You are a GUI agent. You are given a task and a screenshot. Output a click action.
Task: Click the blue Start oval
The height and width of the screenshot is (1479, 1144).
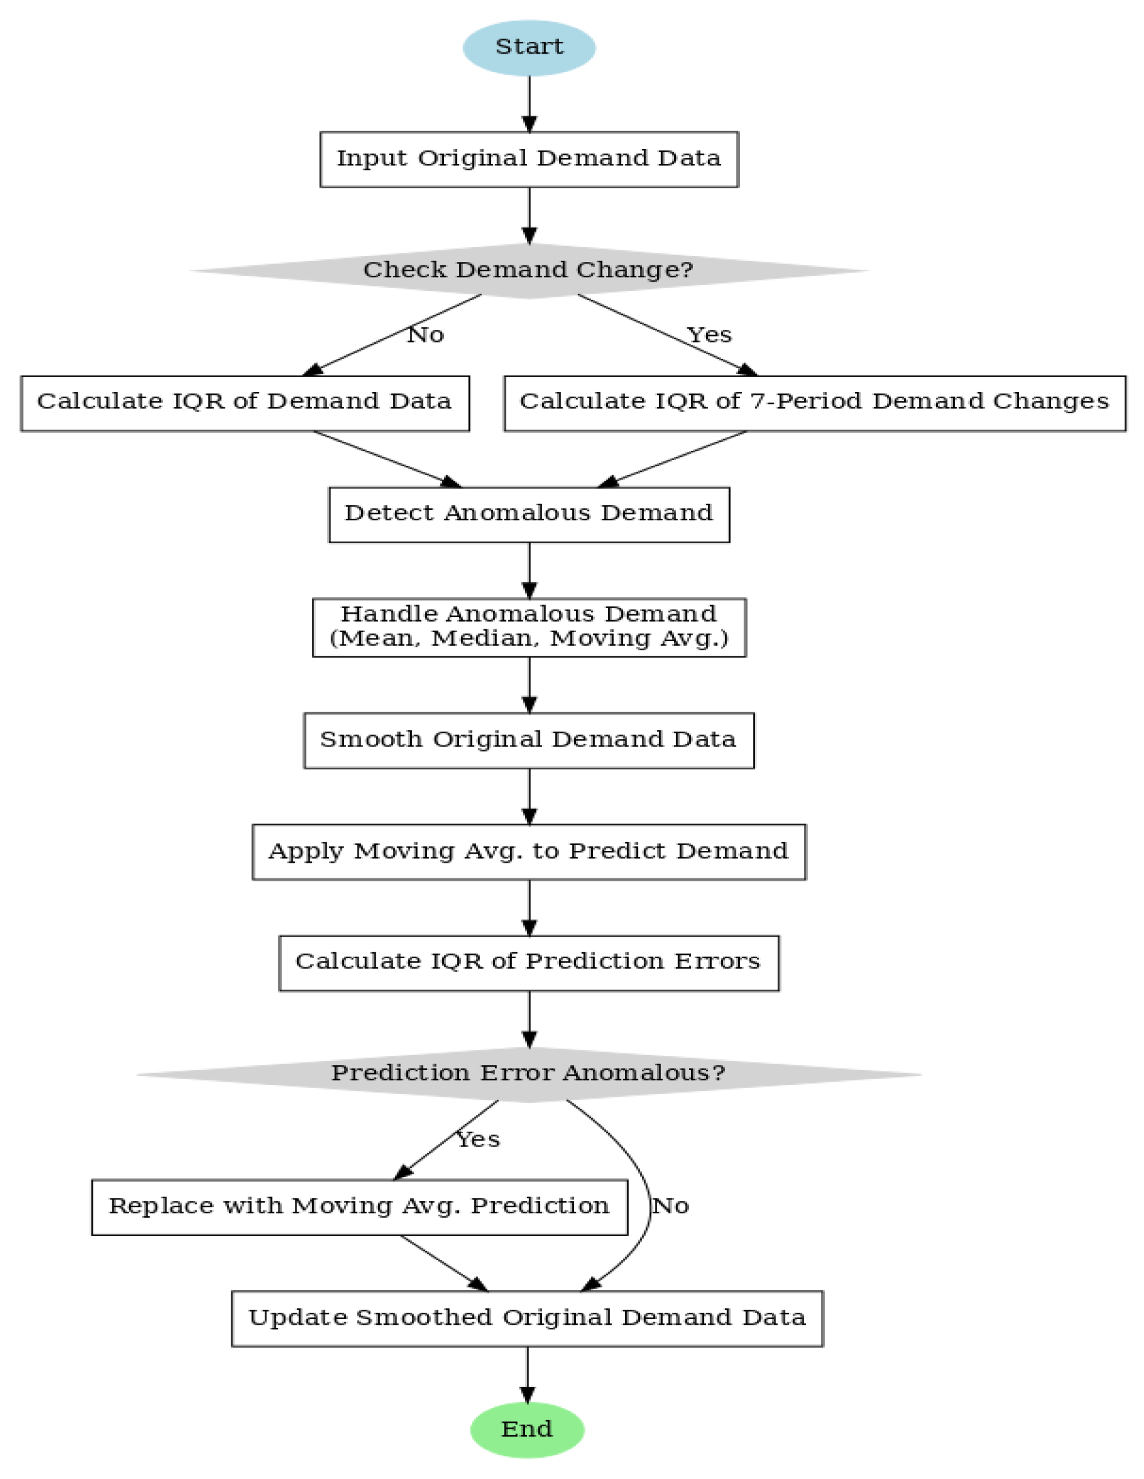tap(528, 48)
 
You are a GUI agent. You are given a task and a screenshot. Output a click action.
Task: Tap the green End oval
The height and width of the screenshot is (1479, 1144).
tap(527, 1429)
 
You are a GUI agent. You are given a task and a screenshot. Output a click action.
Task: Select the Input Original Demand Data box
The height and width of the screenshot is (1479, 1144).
tap(528, 159)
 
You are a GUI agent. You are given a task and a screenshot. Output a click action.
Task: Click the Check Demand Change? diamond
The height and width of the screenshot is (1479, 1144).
tap(528, 270)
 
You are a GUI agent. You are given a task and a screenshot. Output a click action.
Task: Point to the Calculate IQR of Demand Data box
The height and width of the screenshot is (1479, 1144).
tap(244, 403)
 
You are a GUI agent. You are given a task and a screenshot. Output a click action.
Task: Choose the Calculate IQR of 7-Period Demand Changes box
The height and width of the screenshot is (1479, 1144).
tap(814, 403)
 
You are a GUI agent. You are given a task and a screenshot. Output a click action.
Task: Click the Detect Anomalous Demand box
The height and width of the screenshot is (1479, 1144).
tap(528, 514)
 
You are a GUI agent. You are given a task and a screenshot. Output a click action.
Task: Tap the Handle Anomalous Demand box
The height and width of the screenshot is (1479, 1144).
tap(528, 627)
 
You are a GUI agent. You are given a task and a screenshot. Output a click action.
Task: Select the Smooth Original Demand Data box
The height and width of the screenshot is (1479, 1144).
tap(528, 740)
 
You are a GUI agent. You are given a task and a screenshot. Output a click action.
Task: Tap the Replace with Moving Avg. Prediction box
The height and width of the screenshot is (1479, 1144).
tap(359, 1206)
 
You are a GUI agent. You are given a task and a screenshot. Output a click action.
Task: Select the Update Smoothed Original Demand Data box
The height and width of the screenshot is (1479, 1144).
tap(527, 1318)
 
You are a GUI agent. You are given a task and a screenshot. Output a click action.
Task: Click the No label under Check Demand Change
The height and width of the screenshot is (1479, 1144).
tap(426, 335)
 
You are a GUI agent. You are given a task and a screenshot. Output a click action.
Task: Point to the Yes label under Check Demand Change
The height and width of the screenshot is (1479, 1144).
tap(709, 335)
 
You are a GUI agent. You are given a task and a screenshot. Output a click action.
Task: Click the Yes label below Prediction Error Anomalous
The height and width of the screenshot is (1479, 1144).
tap(478, 1140)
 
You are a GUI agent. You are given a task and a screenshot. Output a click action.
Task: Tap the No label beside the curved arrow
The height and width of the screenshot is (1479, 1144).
tap(671, 1206)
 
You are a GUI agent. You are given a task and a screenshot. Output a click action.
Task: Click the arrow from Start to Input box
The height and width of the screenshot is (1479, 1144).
tap(529, 103)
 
